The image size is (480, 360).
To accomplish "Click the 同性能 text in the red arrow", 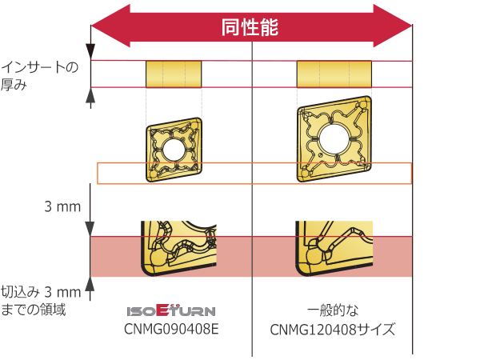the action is tap(250, 27).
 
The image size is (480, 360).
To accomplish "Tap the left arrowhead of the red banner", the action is tap(110, 26).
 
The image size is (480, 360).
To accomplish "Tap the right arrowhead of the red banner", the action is tap(393, 26).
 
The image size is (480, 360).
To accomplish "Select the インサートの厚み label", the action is tap(40, 76).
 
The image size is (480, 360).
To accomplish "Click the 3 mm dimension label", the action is tap(62, 206).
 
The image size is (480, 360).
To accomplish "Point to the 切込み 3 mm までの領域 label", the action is tap(41, 301).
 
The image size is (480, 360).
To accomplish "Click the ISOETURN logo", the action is tap(171, 310).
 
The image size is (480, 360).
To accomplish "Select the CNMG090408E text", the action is tap(171, 330).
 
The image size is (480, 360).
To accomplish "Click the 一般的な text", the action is tap(333, 310).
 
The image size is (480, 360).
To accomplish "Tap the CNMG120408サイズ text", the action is tap(333, 330).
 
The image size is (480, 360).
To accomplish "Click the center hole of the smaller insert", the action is tap(174, 150).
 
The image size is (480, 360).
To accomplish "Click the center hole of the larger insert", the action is tap(334, 139).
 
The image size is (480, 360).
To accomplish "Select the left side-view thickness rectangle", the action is tap(174, 74).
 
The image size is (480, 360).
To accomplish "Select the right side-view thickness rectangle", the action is tap(334, 74).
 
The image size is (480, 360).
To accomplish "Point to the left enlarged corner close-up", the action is tap(178, 248).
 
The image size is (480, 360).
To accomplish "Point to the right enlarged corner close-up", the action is tap(334, 248).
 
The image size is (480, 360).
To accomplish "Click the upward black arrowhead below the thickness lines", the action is tap(90, 95).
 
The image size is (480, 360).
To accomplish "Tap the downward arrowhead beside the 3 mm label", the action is tap(90, 229).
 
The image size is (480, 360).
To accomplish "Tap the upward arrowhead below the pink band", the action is tap(90, 284).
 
